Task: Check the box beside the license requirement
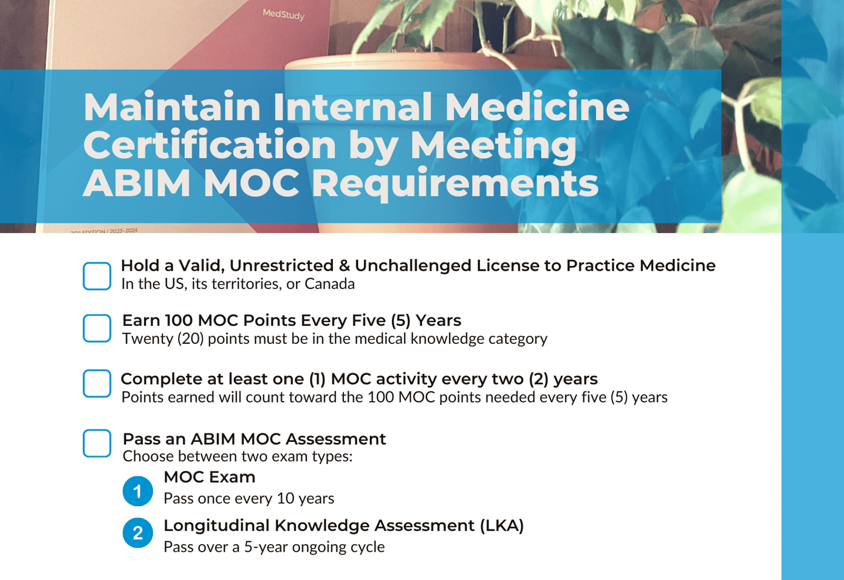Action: (97, 276)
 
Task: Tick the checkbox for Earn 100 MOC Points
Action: (97, 328)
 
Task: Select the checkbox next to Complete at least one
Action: (97, 383)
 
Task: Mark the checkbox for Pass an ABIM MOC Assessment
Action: (97, 443)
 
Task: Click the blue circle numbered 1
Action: (138, 491)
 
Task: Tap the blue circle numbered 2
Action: (138, 533)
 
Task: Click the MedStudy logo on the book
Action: (284, 14)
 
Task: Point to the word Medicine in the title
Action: (536, 107)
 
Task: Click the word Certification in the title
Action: (210, 145)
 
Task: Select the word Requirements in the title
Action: (455, 183)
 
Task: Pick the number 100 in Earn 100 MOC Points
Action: (179, 320)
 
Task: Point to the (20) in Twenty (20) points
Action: (190, 339)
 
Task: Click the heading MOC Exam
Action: (209, 477)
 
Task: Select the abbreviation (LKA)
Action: (502, 526)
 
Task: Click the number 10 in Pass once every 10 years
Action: (285, 499)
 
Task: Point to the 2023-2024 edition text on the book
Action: (123, 230)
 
